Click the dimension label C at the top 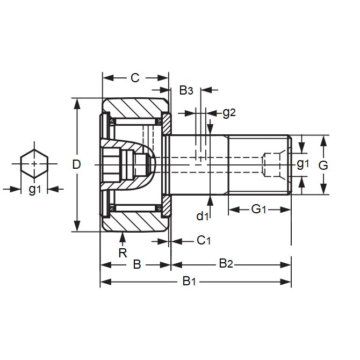click(135, 78)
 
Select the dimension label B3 click(186, 90)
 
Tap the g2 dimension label click(229, 112)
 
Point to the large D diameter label click(76, 164)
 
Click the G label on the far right click(323, 165)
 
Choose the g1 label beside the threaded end click(303, 164)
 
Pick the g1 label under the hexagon click(34, 189)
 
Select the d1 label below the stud click(203, 216)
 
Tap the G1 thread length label click(260, 208)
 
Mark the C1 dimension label click(203, 240)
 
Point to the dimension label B click(136, 264)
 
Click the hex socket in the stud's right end click(271, 164)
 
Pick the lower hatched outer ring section click(134, 220)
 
